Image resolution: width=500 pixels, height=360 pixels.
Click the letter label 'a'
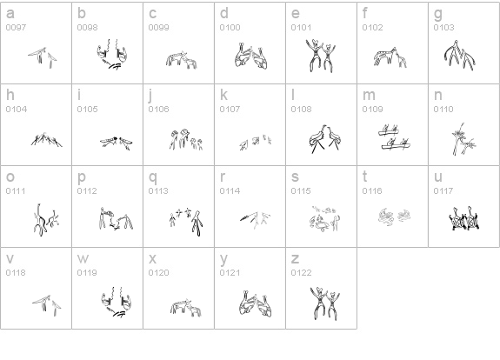(10, 14)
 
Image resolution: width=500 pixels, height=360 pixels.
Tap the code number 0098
(87, 28)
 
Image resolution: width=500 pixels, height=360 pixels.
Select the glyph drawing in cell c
(181, 60)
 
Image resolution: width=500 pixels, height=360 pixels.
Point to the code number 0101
(301, 28)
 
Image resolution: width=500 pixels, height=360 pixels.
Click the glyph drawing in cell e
(321, 56)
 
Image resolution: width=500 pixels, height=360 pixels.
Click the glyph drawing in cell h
(47, 140)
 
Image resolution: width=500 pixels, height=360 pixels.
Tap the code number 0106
(158, 109)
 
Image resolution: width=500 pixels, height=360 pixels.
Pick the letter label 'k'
(223, 95)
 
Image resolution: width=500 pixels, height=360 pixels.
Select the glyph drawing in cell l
(324, 139)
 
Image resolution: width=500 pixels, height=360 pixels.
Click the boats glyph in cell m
(394, 137)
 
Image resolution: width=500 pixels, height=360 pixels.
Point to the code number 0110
(443, 109)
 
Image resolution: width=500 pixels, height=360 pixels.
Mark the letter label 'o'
(10, 177)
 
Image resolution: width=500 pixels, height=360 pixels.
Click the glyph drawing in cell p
(116, 218)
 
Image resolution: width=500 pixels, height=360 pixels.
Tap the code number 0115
(301, 190)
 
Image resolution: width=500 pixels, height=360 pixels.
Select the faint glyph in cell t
(395, 217)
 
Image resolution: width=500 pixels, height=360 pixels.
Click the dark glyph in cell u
(464, 218)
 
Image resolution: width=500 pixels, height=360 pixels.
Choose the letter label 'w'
(83, 258)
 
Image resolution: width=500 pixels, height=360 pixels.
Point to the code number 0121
(230, 272)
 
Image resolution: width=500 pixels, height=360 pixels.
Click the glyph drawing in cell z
(325, 303)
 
